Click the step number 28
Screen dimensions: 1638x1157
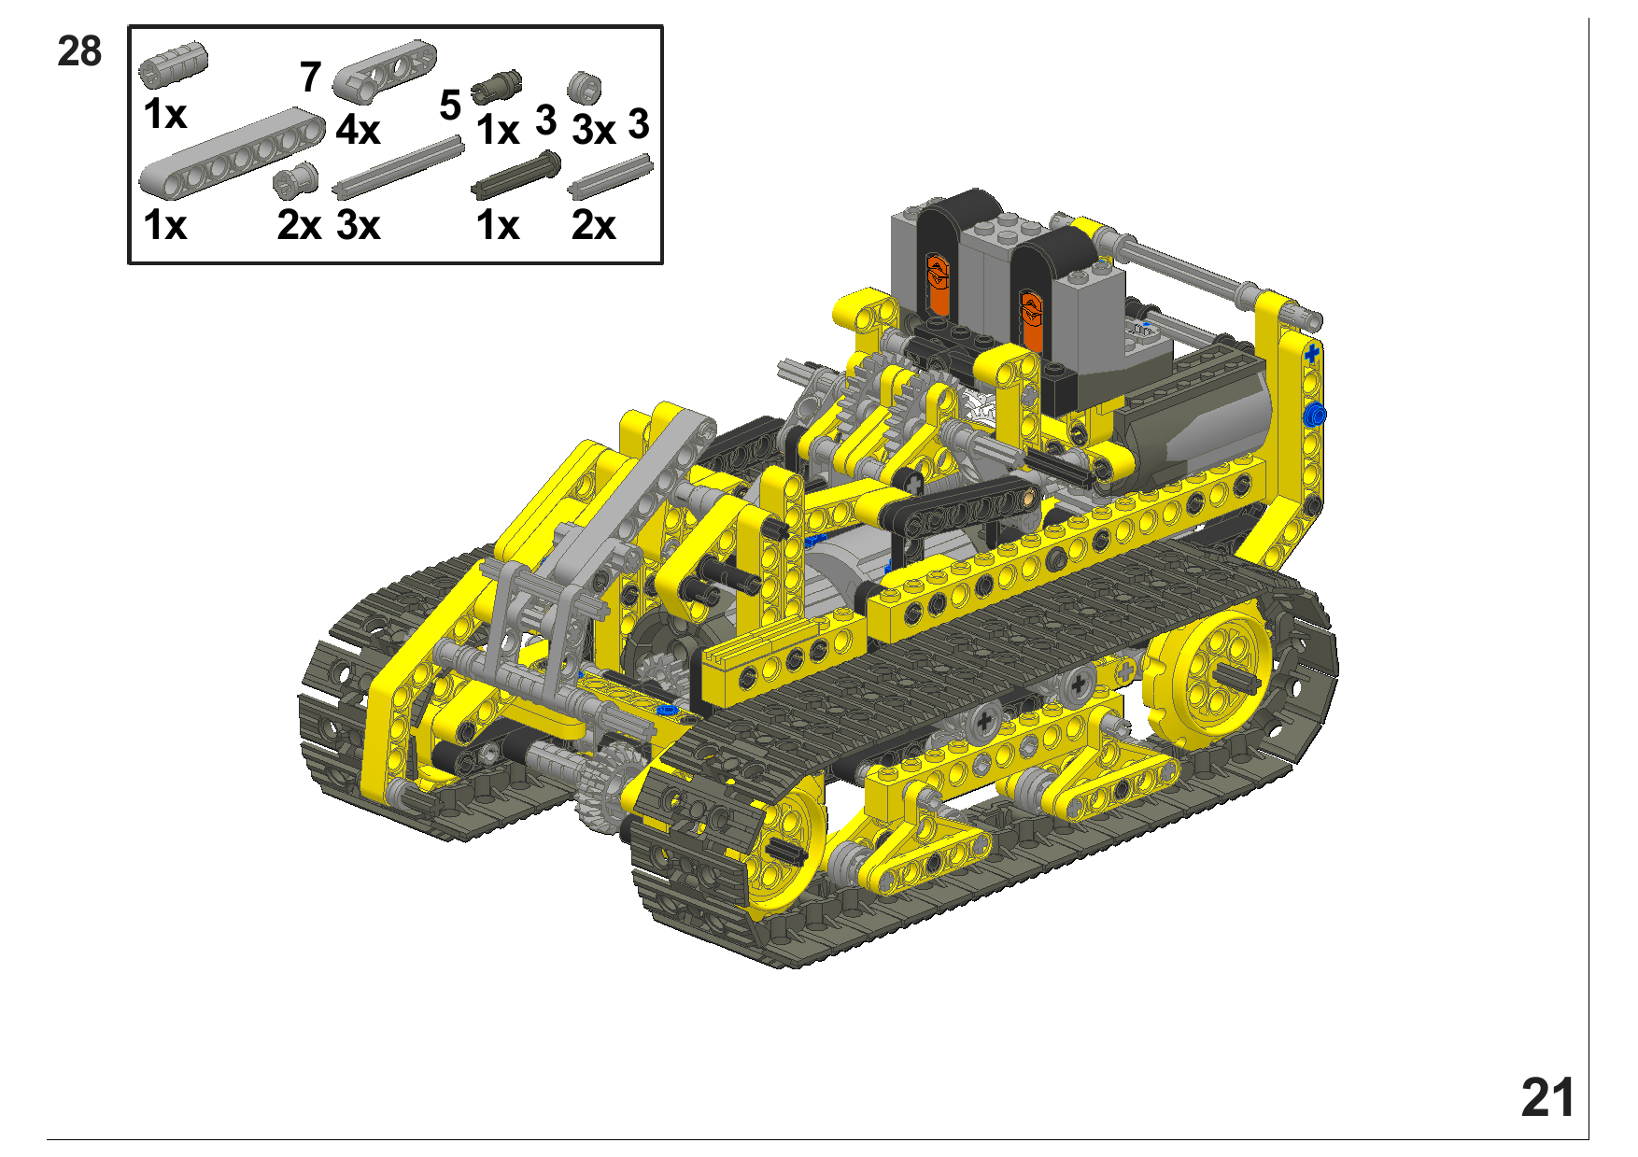[79, 51]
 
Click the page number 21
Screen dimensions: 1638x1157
[1547, 1097]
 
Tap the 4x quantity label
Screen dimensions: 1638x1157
[358, 130]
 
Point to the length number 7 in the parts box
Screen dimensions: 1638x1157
[311, 77]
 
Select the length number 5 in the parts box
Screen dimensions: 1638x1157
[450, 106]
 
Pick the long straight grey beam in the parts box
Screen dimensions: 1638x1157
[233, 154]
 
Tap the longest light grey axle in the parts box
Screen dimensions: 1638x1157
[399, 167]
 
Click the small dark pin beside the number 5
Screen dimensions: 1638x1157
[496, 87]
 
